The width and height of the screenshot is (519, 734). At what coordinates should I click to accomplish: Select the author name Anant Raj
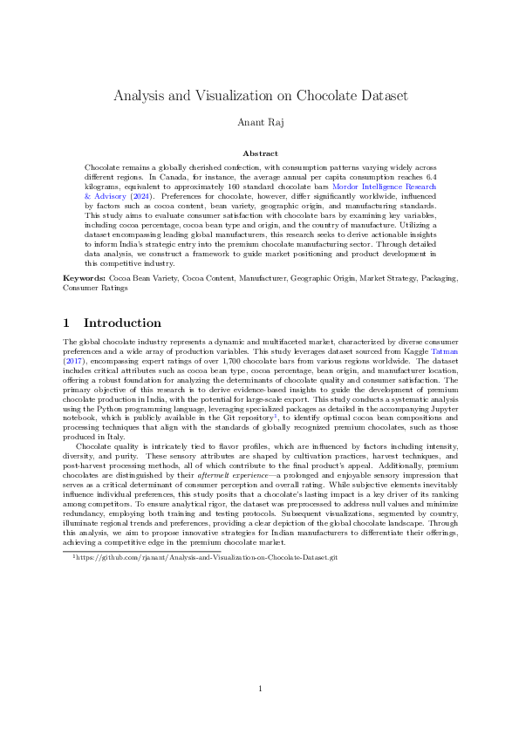[259, 122]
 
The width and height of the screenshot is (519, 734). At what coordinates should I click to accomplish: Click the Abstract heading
[259, 153]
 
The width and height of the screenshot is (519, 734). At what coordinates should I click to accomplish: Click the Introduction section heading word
[122, 323]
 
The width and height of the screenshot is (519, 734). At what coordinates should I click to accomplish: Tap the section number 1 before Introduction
[69, 323]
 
